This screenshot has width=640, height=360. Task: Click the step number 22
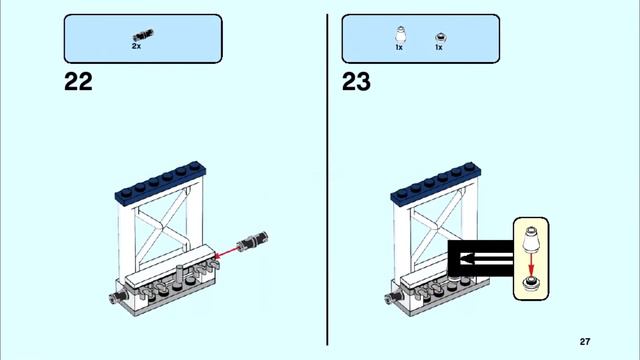point(78,82)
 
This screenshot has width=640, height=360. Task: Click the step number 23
point(356,82)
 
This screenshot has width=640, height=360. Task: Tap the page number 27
point(585,341)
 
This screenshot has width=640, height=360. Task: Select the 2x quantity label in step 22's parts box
point(136,46)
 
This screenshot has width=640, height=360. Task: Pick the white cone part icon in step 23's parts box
point(399,34)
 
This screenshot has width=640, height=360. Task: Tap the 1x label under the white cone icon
point(399,47)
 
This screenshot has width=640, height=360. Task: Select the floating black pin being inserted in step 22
point(259,239)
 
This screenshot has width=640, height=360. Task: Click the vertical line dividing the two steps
point(328,180)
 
